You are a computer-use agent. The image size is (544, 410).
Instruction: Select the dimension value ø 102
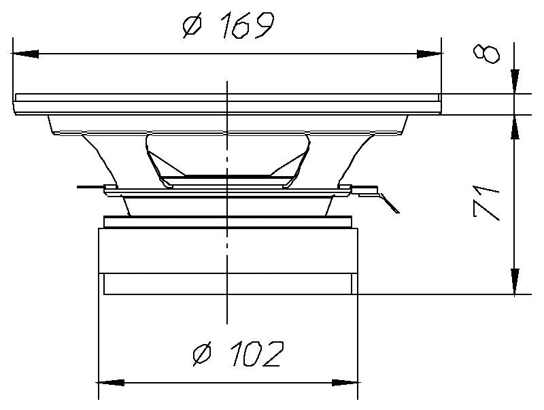tap(237, 354)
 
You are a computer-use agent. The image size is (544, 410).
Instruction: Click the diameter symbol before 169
tap(192, 27)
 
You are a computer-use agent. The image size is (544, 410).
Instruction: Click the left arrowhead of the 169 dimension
tap(24, 53)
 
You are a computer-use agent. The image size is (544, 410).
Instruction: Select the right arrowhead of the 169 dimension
tap(430, 53)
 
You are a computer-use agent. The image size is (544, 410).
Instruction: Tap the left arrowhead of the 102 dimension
tap(111, 382)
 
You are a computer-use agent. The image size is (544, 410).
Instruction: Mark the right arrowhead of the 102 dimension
tap(347, 382)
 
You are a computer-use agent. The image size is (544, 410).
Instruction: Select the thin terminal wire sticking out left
tap(90, 186)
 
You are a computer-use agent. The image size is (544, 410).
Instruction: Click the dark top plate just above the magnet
tap(228, 222)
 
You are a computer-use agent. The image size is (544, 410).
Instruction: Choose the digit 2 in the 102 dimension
tap(271, 354)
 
